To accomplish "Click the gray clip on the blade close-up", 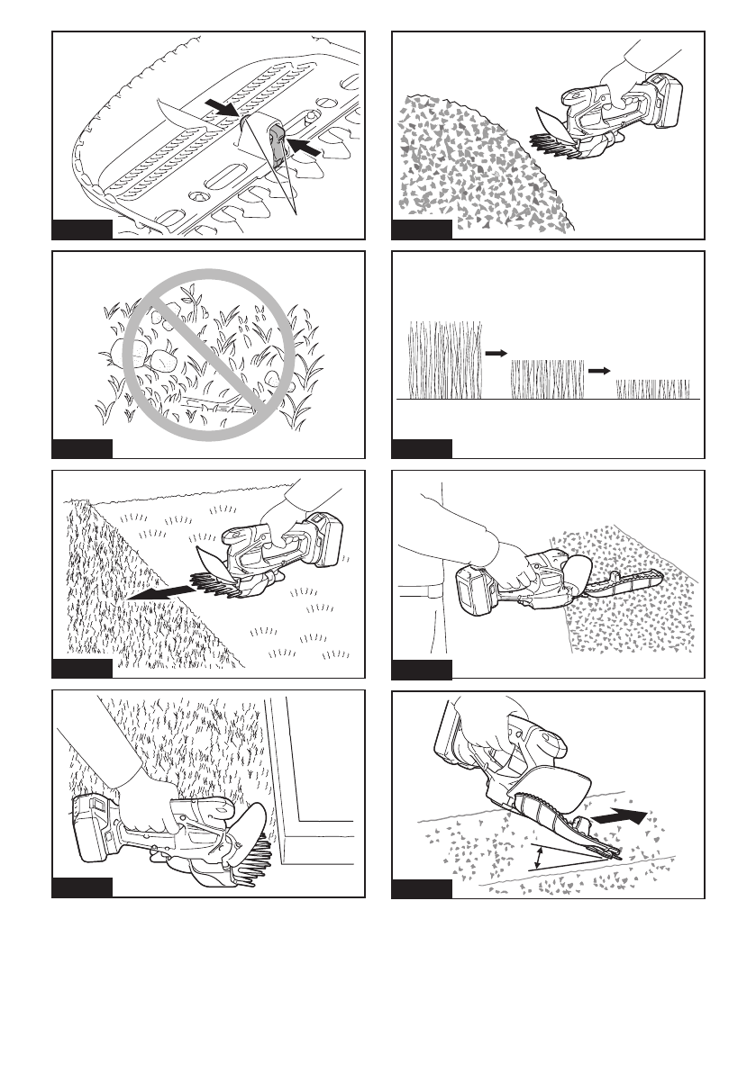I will click(277, 141).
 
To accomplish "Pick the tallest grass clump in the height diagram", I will click(446, 359).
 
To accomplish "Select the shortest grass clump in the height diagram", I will click(653, 389).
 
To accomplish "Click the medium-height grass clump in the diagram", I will click(548, 378).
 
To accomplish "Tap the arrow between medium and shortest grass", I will click(599, 370).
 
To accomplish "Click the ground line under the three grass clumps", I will click(548, 399).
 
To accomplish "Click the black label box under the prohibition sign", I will click(82, 448).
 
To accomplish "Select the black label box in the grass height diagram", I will click(423, 448).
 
